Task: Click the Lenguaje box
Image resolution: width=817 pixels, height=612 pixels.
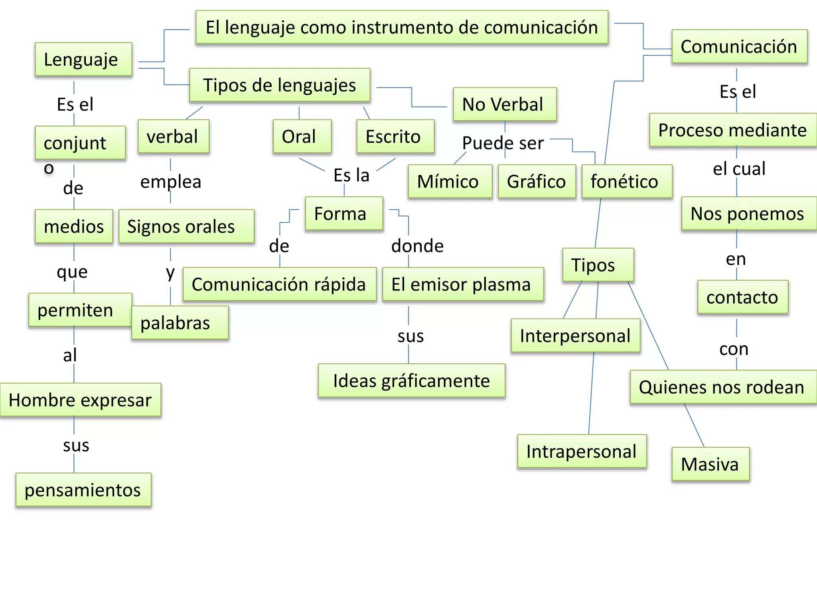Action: pyautogui.click(x=83, y=59)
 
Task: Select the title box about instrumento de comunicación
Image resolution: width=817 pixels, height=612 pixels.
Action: pyautogui.click(x=402, y=27)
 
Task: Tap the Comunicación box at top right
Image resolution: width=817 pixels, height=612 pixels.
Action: pyautogui.click(x=739, y=47)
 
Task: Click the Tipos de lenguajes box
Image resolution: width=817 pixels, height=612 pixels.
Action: pyautogui.click(x=280, y=85)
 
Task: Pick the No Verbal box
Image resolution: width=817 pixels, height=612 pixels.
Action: pyautogui.click(x=505, y=104)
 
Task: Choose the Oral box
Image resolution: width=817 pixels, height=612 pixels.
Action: pyautogui.click(x=302, y=137)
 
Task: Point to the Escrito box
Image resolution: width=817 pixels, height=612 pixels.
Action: pyautogui.click(x=395, y=137)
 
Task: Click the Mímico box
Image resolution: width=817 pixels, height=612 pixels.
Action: pyautogui.click(x=450, y=182)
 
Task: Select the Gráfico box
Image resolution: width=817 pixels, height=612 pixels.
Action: pyautogui.click(x=537, y=182)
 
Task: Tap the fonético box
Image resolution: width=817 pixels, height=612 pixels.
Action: pyautogui.click(x=627, y=182)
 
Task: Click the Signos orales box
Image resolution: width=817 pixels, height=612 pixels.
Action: pyautogui.click(x=186, y=227)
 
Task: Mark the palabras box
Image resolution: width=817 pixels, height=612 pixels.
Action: pyautogui.click(x=180, y=323)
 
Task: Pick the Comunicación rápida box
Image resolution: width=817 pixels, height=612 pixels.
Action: pyautogui.click(x=280, y=284)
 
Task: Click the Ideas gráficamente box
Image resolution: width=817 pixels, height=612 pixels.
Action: pyautogui.click(x=412, y=381)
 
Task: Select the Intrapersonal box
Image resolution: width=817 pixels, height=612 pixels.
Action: pyautogui.click(x=582, y=451)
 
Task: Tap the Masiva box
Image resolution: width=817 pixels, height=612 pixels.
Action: pyautogui.click(x=710, y=464)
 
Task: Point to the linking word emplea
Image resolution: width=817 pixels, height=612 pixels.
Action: pyautogui.click(x=171, y=182)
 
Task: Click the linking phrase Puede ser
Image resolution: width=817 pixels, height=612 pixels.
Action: pyautogui.click(x=503, y=143)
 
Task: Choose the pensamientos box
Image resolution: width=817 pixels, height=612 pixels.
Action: pyautogui.click(x=83, y=490)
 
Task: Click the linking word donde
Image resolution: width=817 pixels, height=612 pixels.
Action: pyautogui.click(x=417, y=246)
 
